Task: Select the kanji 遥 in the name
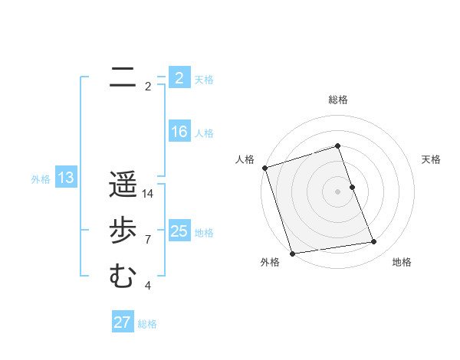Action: pyautogui.click(x=123, y=184)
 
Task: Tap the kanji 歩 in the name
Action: pyautogui.click(x=123, y=230)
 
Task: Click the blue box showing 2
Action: pyautogui.click(x=179, y=77)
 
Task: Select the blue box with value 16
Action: pyautogui.click(x=179, y=132)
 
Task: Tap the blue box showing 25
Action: pyautogui.click(x=179, y=231)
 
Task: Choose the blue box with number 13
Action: pyautogui.click(x=66, y=178)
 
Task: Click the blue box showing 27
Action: pyautogui.click(x=123, y=322)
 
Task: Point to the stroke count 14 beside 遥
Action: pyautogui.click(x=148, y=194)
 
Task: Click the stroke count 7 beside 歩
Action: pyautogui.click(x=148, y=240)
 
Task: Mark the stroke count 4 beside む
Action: pyautogui.click(x=148, y=286)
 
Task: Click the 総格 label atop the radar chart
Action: pyautogui.click(x=338, y=100)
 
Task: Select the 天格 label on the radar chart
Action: pyautogui.click(x=432, y=159)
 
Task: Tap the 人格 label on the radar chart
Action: pyautogui.click(x=245, y=159)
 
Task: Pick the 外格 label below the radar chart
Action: pyautogui.click(x=270, y=262)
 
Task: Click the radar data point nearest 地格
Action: pyautogui.click(x=374, y=242)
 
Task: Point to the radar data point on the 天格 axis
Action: pyautogui.click(x=352, y=187)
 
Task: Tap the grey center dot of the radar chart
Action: pyautogui.click(x=338, y=191)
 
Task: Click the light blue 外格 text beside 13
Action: pyautogui.click(x=41, y=179)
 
